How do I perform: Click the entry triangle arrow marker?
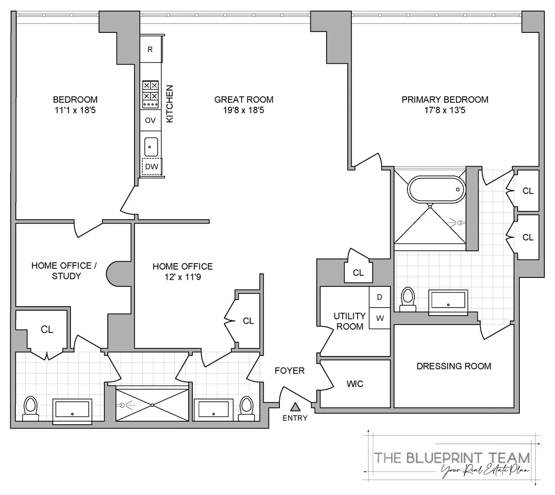coord(295,407)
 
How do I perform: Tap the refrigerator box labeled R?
coord(150,49)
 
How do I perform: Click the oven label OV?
coord(150,121)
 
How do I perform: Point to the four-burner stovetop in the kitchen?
coord(150,91)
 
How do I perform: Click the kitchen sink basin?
coord(151,147)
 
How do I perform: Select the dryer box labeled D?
coord(380,297)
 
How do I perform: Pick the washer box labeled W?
coord(380,318)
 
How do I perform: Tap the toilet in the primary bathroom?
coord(407,298)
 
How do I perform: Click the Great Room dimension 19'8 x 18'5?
coord(244,110)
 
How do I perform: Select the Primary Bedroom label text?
coord(445,99)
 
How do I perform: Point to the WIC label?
coord(355,384)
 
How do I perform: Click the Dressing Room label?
coord(454,366)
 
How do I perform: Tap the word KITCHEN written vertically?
coord(170,103)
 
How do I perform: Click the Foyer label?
coord(290,370)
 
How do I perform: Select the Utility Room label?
coord(350,321)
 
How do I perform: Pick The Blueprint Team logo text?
coord(452,458)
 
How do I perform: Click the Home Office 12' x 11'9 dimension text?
coord(183,278)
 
